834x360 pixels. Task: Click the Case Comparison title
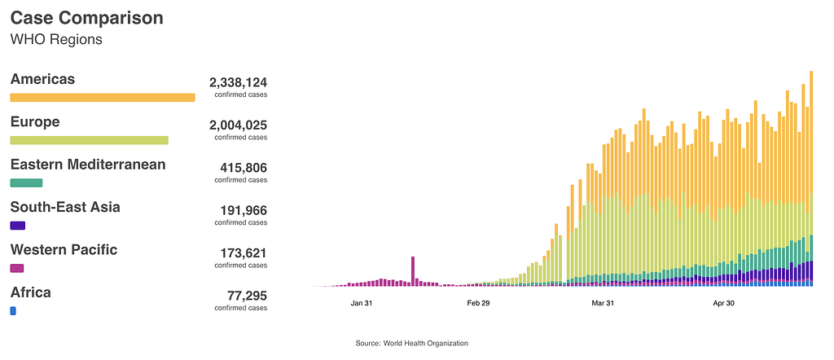(x=86, y=18)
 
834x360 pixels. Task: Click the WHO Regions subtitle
(x=56, y=39)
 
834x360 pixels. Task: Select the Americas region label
(x=42, y=79)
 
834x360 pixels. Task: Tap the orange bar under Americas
(x=103, y=98)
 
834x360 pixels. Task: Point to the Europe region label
(x=34, y=121)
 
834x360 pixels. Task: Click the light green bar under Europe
(x=89, y=140)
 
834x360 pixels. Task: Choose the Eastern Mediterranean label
(x=88, y=164)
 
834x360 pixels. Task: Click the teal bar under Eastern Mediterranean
(x=26, y=182)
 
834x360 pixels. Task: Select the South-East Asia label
(x=65, y=207)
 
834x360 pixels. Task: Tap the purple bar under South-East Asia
(x=18, y=226)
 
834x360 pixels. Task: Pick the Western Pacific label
(x=64, y=249)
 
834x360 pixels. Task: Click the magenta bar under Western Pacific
(x=17, y=268)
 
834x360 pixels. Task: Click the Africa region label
(x=31, y=292)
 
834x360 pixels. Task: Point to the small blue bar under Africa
(x=13, y=310)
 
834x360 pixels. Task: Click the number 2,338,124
(x=238, y=82)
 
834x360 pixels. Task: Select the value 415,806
(x=244, y=168)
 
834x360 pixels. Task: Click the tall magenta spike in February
(x=413, y=271)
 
